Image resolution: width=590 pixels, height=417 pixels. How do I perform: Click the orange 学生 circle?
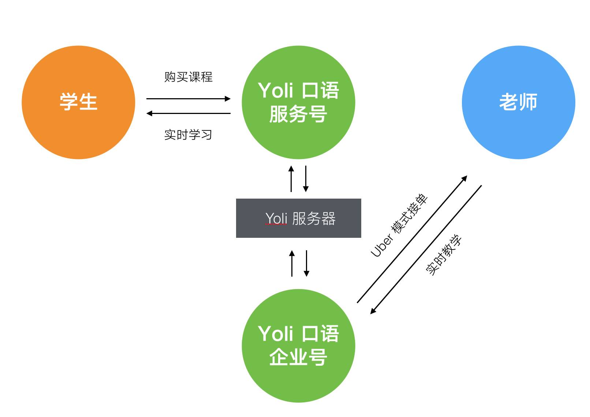(x=78, y=102)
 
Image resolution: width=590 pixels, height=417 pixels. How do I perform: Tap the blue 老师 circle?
(x=518, y=102)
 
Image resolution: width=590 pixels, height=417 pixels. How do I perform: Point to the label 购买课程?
(x=188, y=77)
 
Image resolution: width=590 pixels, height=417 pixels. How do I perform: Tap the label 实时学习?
(x=188, y=135)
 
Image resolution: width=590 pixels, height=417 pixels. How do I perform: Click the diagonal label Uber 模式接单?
(x=399, y=225)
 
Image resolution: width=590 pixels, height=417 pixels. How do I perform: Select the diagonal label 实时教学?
(x=444, y=255)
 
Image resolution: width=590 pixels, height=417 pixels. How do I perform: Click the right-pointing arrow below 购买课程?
(x=188, y=99)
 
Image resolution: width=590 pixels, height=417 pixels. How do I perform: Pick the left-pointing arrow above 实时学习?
(x=188, y=113)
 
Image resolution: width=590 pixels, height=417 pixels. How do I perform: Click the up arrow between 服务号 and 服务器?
(x=291, y=179)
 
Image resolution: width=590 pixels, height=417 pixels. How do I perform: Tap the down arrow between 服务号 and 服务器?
(x=306, y=179)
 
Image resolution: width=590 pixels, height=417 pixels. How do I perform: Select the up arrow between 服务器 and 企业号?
(x=292, y=263)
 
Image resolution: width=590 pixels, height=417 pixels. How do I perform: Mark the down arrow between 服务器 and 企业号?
(x=306, y=263)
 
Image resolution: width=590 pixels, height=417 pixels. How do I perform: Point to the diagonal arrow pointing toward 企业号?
(x=426, y=250)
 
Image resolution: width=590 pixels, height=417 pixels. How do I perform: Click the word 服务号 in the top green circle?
(x=298, y=114)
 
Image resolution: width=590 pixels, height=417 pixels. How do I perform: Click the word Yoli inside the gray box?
(x=276, y=218)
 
